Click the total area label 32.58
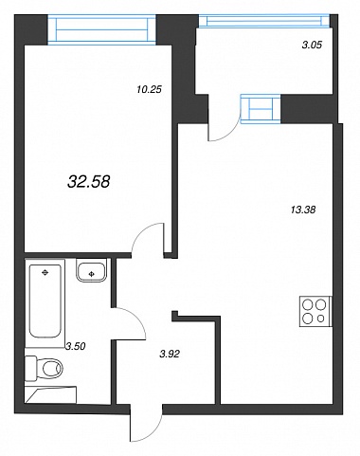click(89, 182)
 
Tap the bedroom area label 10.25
click(149, 90)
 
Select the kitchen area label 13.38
click(303, 210)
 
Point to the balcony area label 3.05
click(312, 45)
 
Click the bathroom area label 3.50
click(76, 347)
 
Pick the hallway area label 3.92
click(170, 355)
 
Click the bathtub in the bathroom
click(45, 301)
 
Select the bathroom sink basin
click(91, 269)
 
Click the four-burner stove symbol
click(315, 312)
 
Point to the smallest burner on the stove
click(321, 319)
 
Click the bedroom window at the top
click(101, 30)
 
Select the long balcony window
click(264, 22)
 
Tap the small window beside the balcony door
click(261, 109)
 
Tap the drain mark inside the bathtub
click(45, 272)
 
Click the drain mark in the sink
click(92, 274)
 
